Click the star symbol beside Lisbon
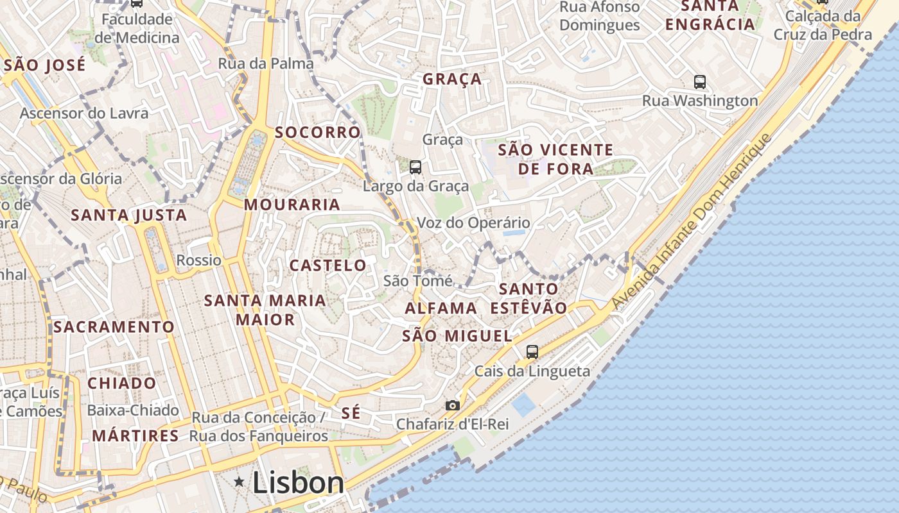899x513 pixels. [239, 481]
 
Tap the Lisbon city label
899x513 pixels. [298, 483]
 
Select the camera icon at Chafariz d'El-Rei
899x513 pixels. [453, 405]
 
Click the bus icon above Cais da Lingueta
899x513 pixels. [532, 351]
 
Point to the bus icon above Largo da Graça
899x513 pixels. [415, 167]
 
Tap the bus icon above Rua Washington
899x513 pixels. [700, 82]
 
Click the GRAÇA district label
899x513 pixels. [452, 79]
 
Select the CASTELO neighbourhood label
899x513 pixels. [327, 265]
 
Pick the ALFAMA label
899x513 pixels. [441, 308]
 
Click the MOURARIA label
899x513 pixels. [292, 205]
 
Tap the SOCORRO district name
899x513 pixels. [318, 133]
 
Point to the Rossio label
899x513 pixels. [198, 260]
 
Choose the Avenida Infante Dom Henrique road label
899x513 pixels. [690, 222]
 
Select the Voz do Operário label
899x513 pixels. [474, 223]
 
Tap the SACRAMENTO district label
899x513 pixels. [114, 327]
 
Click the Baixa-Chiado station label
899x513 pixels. [132, 410]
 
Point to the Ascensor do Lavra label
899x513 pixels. [84, 114]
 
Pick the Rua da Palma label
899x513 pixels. [266, 63]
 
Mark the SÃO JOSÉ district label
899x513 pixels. [44, 65]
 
